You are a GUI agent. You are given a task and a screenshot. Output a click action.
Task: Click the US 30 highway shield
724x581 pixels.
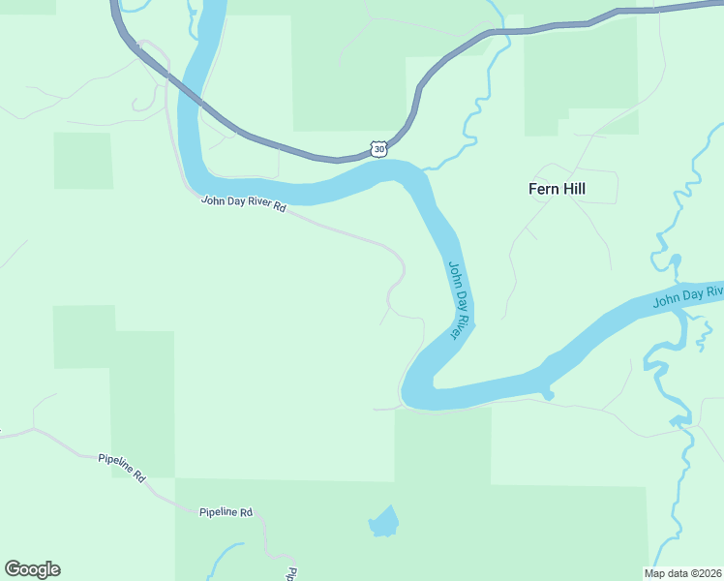point(378,148)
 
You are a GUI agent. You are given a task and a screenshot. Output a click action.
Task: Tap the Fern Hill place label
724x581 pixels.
point(557,189)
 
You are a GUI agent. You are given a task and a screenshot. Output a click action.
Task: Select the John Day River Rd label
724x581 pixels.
point(244,204)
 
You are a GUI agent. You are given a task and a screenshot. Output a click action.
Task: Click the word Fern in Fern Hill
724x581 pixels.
point(543,189)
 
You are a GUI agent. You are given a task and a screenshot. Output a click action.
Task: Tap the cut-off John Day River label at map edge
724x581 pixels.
point(688,296)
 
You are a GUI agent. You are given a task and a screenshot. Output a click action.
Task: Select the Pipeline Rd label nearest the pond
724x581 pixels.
point(226,511)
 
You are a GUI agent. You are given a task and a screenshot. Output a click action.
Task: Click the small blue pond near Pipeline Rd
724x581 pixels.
point(383,522)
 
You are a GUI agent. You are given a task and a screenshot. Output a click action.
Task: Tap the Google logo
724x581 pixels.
point(32,569)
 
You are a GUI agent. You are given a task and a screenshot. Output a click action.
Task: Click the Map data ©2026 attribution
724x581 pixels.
point(682,573)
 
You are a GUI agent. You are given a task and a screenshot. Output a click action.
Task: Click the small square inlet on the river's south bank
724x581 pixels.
point(549,393)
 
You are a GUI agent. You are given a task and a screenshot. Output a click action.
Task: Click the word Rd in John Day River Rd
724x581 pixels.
point(281,208)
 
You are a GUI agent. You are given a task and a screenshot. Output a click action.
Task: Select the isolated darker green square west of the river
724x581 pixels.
point(83,161)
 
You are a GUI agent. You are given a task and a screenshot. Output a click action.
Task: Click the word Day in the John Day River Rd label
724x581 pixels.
point(233,203)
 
